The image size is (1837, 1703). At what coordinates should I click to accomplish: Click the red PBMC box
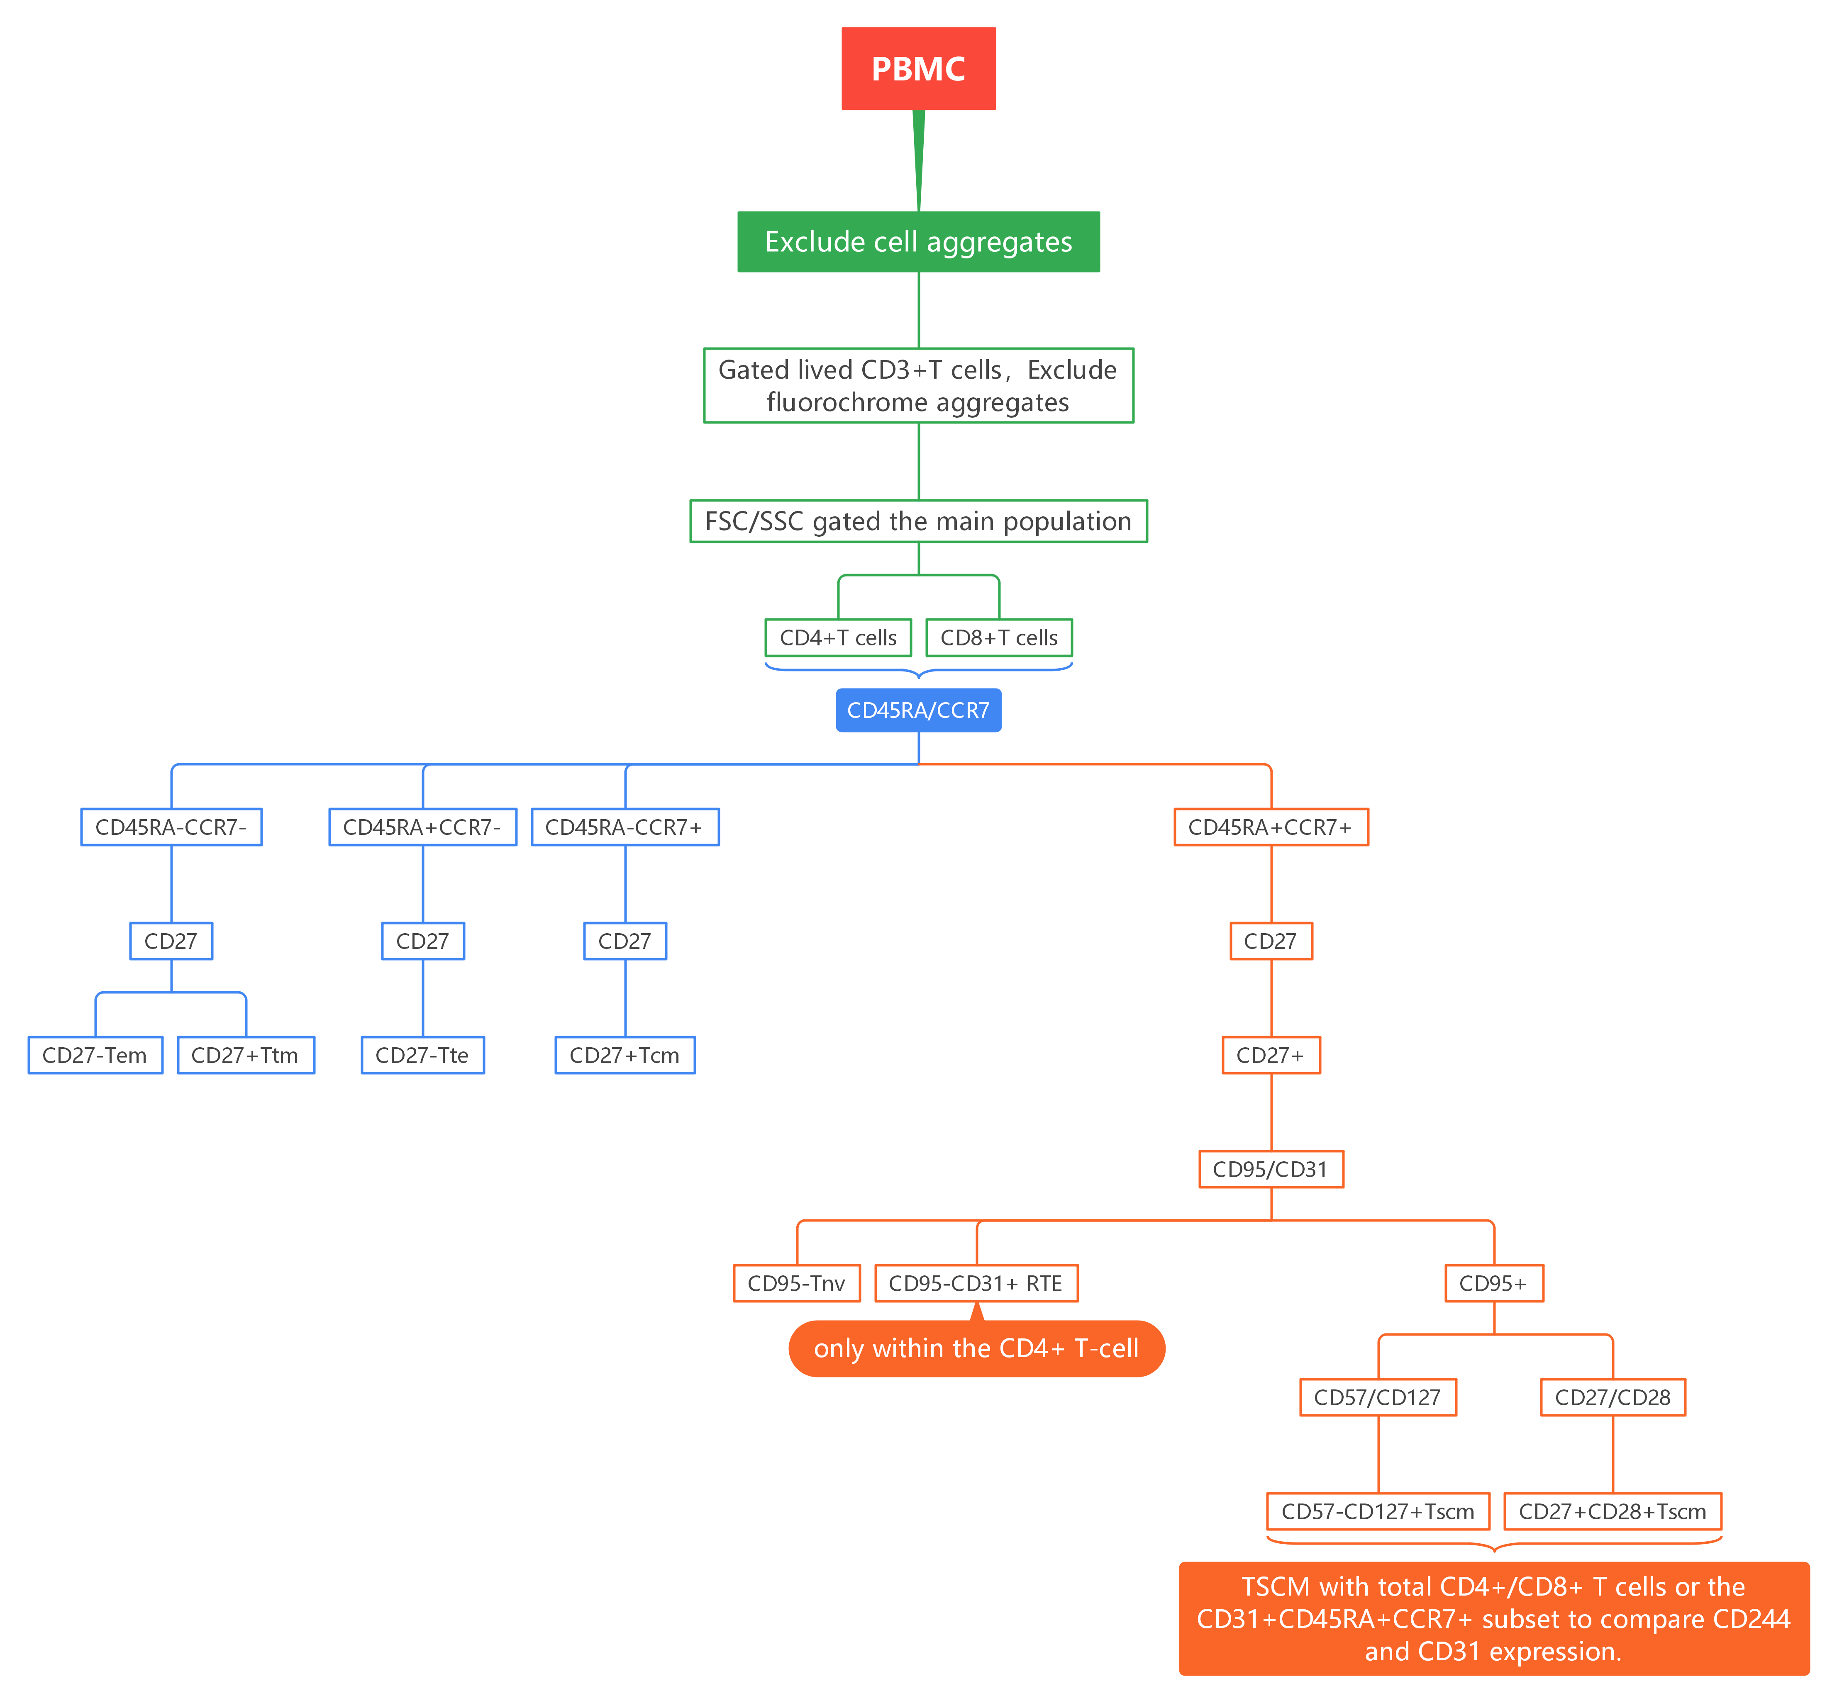point(918,69)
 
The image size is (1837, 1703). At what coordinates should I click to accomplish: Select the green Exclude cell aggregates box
point(918,241)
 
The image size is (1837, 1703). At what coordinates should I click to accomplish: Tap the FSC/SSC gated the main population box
point(918,522)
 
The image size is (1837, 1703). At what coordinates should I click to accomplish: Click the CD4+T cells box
point(838,638)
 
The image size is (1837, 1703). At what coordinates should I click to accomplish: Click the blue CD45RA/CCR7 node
point(918,710)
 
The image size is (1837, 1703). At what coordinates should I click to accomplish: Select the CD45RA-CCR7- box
point(171,827)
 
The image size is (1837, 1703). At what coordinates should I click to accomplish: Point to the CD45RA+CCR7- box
point(422,827)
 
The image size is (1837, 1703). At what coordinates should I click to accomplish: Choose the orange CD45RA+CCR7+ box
point(1270,827)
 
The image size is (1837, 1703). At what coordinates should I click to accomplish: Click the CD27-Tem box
point(95,1055)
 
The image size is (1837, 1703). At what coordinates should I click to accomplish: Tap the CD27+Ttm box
point(245,1055)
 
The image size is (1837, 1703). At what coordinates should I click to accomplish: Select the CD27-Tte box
point(422,1055)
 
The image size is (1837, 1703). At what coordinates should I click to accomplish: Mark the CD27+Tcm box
point(625,1055)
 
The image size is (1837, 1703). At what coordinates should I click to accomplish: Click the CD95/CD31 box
point(1270,1170)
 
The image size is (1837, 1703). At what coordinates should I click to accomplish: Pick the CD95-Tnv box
point(796,1284)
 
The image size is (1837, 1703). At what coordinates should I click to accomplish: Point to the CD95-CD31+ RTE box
point(976,1284)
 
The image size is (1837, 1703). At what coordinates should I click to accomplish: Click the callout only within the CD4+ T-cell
point(976,1349)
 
